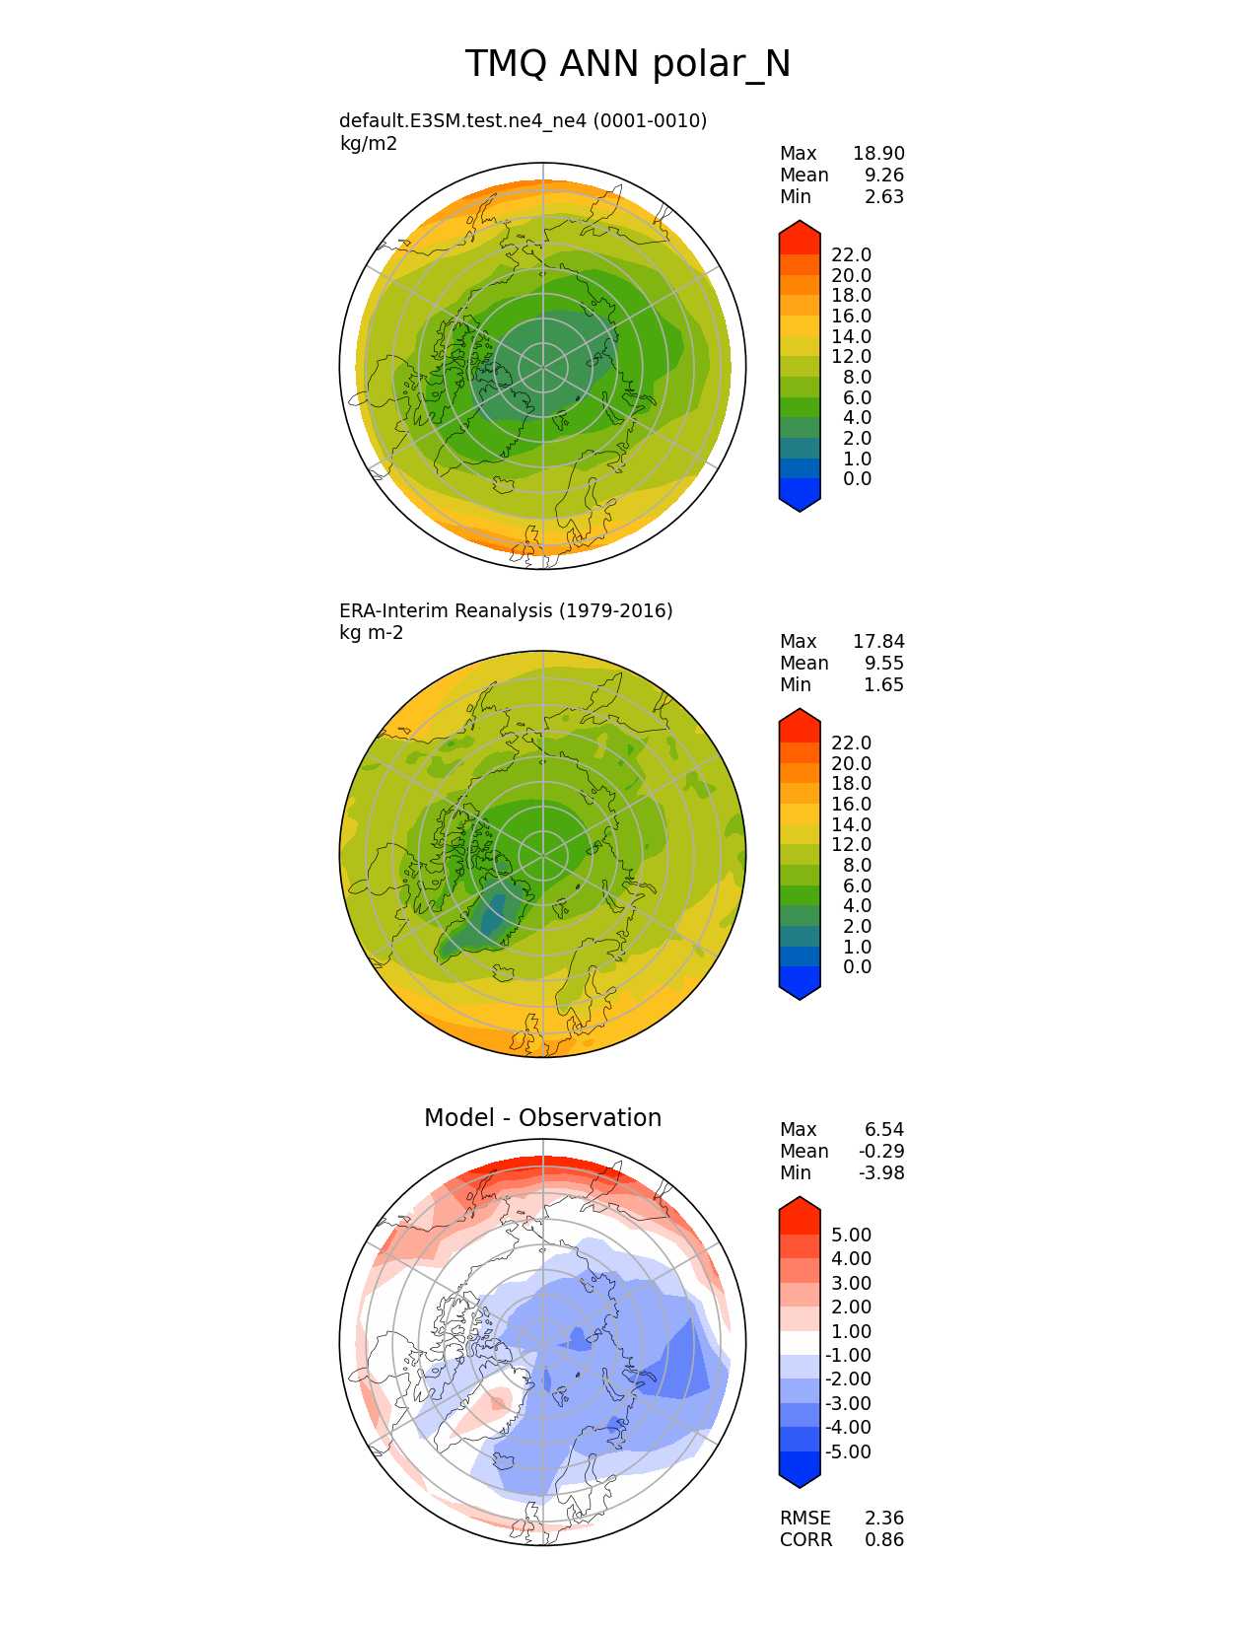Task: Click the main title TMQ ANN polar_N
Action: click(628, 64)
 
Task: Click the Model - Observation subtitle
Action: click(542, 1118)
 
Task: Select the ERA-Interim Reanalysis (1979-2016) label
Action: click(506, 611)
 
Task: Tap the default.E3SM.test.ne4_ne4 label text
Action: click(523, 121)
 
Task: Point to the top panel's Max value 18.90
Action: click(878, 154)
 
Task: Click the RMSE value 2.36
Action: click(883, 1519)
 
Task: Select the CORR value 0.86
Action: click(883, 1540)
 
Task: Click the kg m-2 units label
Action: click(371, 633)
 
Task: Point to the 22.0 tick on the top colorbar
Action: click(851, 255)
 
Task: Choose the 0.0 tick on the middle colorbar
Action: click(857, 967)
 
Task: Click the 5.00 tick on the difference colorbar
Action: click(851, 1236)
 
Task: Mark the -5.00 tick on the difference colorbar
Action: click(848, 1452)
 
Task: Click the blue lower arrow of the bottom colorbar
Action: click(800, 1470)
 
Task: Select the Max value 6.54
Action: click(883, 1130)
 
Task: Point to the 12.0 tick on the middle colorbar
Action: click(851, 845)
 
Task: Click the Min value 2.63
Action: click(883, 197)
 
